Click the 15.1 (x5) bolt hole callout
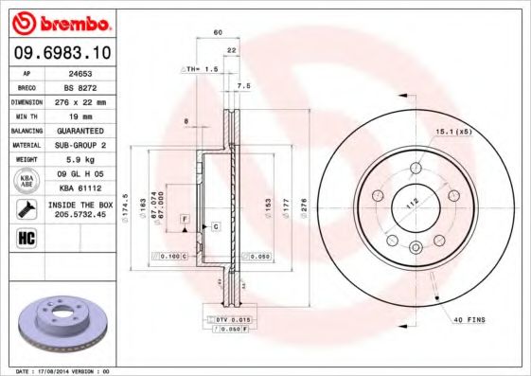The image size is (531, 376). [452, 131]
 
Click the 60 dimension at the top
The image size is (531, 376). [218, 32]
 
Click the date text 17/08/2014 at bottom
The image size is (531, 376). [71, 370]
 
